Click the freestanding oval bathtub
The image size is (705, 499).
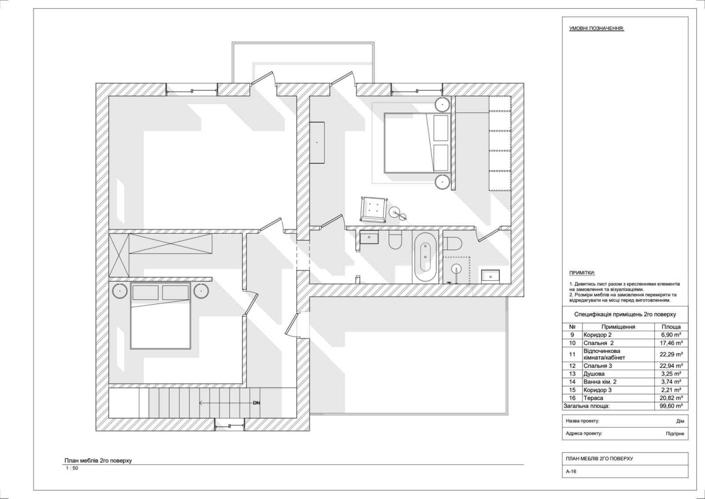[425, 257]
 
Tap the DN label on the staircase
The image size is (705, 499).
[256, 402]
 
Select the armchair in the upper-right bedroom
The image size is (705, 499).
[374, 209]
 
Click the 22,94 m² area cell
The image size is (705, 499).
[671, 366]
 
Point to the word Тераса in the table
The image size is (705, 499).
[593, 398]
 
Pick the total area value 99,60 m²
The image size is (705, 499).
[671, 406]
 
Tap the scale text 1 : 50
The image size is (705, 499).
[72, 468]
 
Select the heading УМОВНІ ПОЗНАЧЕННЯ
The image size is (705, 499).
[597, 28]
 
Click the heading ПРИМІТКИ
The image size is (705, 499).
[582, 273]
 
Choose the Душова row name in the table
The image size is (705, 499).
[594, 374]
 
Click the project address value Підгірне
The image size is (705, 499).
[675, 433]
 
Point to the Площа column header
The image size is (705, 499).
[671, 326]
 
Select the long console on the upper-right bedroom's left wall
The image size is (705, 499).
[317, 143]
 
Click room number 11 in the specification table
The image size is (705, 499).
[572, 354]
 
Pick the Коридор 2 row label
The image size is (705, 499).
[597, 335]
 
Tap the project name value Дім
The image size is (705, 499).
[680, 421]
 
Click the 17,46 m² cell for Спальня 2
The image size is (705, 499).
[671, 343]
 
